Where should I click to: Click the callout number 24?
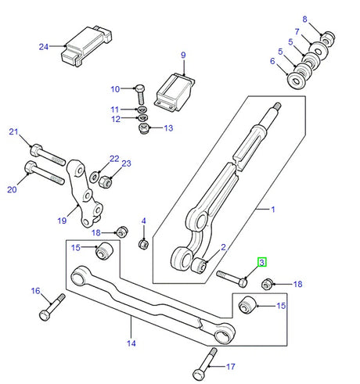click(44, 47)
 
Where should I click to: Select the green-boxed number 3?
click(262, 262)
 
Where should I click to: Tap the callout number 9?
click(183, 55)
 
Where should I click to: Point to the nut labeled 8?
click(328, 38)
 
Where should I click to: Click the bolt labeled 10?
click(141, 94)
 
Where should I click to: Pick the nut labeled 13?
click(144, 128)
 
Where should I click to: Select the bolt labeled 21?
click(47, 154)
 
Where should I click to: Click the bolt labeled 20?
click(44, 173)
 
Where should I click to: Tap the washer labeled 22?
click(94, 177)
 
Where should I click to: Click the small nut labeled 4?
click(143, 244)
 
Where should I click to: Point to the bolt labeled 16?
click(52, 307)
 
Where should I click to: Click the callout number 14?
click(131, 343)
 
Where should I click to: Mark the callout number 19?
click(62, 221)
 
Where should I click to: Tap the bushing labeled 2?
click(200, 265)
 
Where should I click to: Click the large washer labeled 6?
click(296, 81)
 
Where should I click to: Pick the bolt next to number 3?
click(232, 278)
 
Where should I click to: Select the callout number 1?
click(273, 210)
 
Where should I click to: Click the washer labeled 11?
click(141, 109)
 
